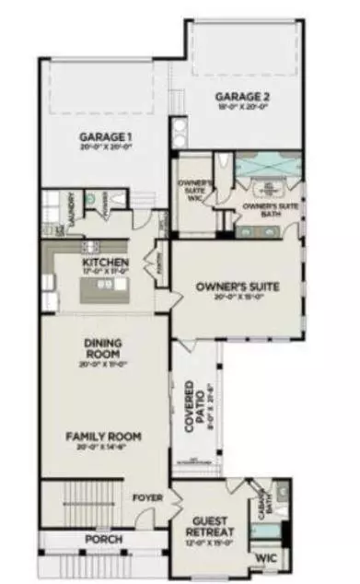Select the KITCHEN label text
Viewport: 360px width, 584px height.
[x=105, y=262]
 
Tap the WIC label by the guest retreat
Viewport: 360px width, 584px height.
[x=266, y=557]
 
